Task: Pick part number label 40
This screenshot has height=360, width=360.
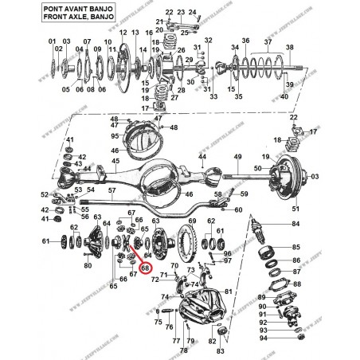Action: coord(284,96)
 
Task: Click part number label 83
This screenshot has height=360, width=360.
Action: coord(220,350)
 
